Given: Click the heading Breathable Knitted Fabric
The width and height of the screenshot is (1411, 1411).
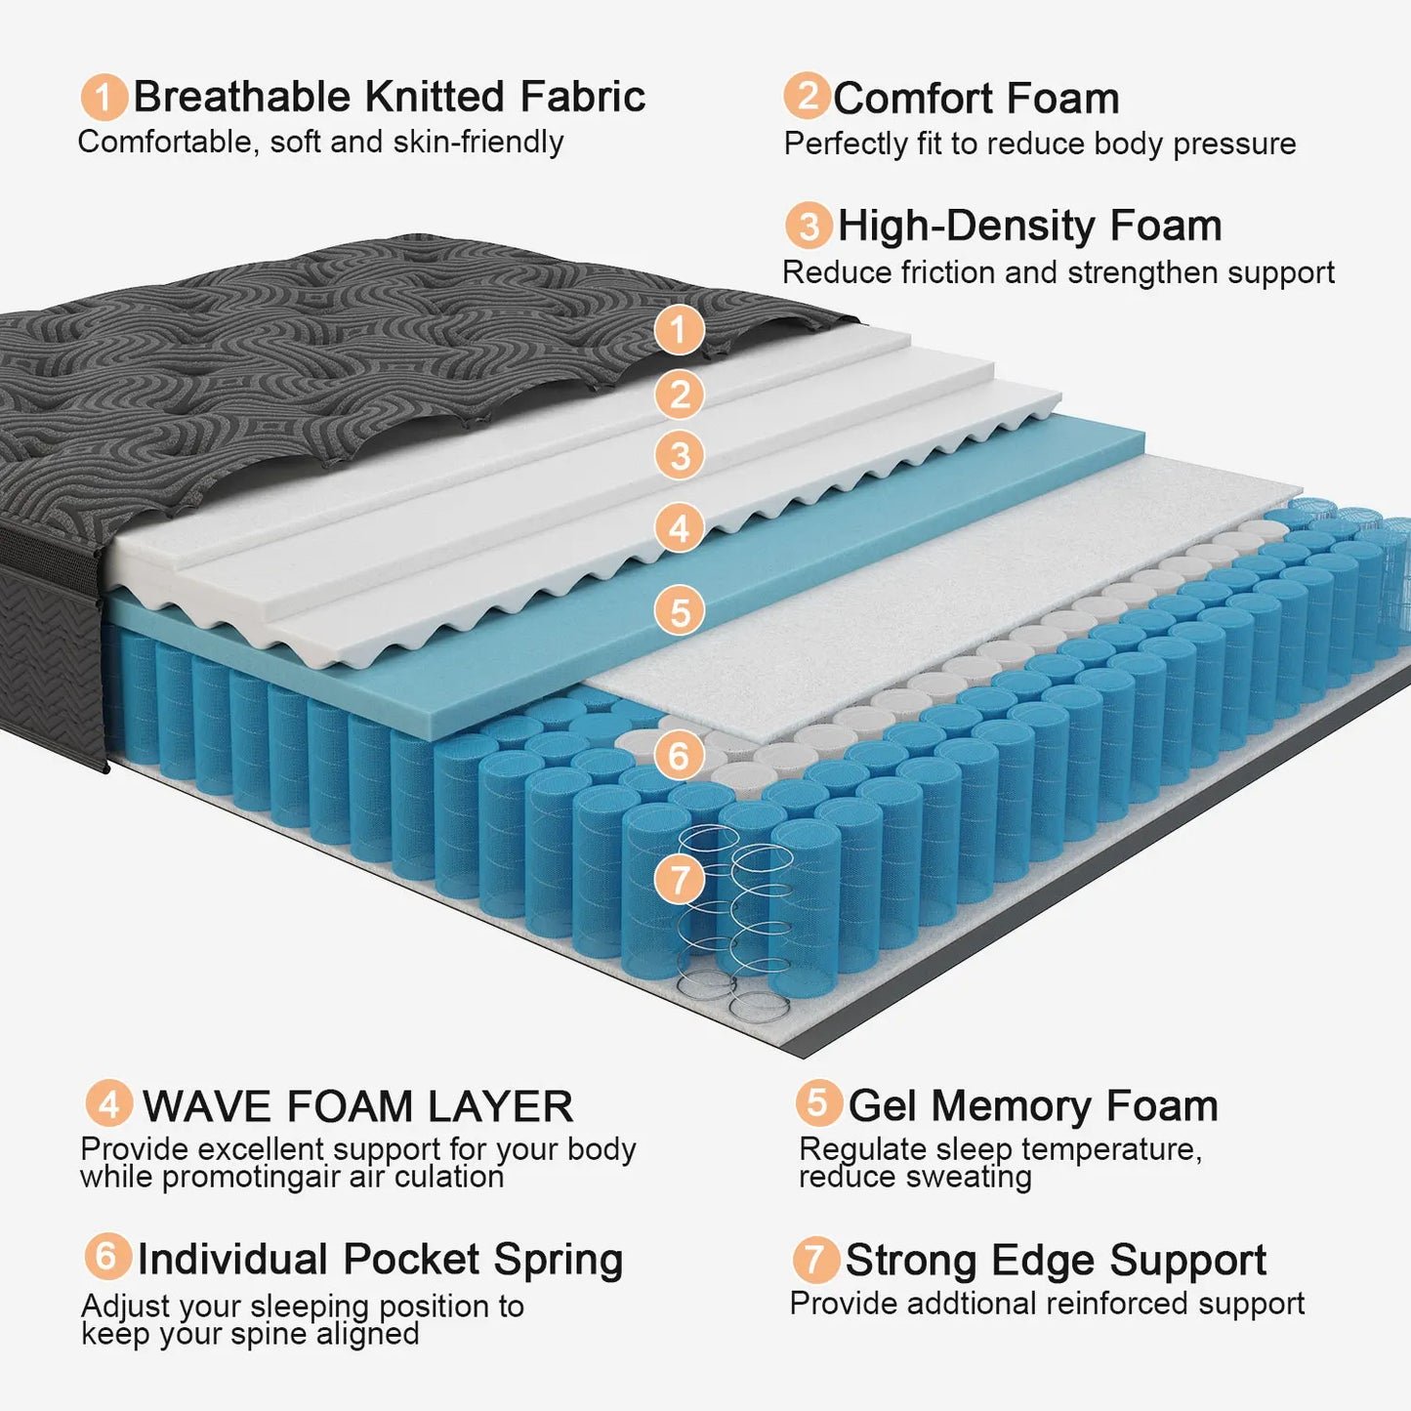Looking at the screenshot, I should pyautogui.click(x=389, y=97).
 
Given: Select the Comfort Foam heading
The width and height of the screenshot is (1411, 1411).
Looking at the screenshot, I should pyautogui.click(x=975, y=99).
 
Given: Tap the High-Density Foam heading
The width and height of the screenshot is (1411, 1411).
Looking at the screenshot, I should pyautogui.click(x=1029, y=226).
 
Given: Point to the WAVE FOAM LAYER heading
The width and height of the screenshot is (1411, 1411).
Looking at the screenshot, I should pyautogui.click(x=357, y=1106).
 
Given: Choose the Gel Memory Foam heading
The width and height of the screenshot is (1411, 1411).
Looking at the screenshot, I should pyautogui.click(x=1032, y=1105).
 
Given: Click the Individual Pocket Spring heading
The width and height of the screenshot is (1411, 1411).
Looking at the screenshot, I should pyautogui.click(x=380, y=1259).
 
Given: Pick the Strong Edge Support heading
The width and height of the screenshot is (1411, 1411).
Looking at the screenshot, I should pyautogui.click(x=1055, y=1260).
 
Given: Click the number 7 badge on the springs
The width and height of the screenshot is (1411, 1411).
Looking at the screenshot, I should pyautogui.click(x=680, y=879).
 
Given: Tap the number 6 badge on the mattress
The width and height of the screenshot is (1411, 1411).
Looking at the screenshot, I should pyautogui.click(x=679, y=755).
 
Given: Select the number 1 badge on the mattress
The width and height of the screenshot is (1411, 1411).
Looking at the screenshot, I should pyautogui.click(x=680, y=329).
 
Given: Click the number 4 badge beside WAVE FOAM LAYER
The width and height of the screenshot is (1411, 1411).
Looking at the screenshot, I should pyautogui.click(x=109, y=1103).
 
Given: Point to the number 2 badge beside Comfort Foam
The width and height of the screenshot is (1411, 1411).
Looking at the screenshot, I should pyautogui.click(x=808, y=96).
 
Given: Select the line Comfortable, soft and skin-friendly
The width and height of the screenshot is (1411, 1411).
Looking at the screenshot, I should pyautogui.click(x=320, y=142).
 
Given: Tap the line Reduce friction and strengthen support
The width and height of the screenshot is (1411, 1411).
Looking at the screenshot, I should pyautogui.click(x=1058, y=272).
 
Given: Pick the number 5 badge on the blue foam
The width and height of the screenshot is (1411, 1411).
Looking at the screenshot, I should pyautogui.click(x=680, y=611).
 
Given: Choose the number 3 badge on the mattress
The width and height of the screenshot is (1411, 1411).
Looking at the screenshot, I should pyautogui.click(x=680, y=455).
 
